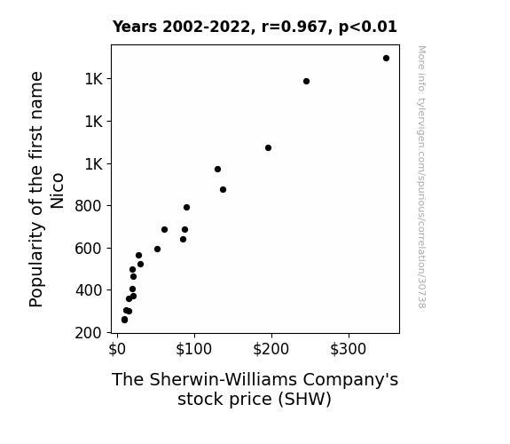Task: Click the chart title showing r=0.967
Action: [255, 27]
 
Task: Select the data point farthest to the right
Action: [386, 59]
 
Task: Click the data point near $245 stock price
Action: [306, 81]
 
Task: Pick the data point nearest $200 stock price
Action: [268, 148]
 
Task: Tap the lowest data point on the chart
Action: [124, 320]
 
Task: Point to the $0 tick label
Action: [117, 349]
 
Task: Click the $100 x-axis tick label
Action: [194, 349]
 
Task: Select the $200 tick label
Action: [271, 349]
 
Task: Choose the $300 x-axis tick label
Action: [348, 349]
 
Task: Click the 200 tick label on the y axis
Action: [89, 333]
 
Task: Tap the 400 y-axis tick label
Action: [89, 289]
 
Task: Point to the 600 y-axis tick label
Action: [89, 249]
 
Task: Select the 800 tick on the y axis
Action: [89, 206]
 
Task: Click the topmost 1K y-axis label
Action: [94, 79]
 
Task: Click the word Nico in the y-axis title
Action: [58, 191]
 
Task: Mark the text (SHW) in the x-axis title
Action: [305, 399]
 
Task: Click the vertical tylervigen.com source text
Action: [421, 177]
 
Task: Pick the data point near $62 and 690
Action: [164, 230]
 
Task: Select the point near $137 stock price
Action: [223, 189]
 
